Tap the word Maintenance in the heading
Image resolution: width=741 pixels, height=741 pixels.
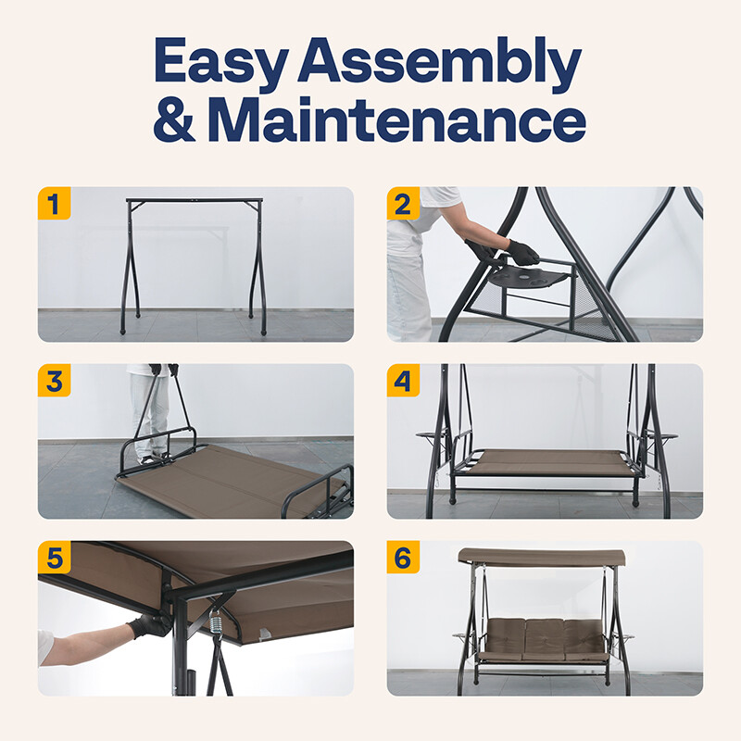coord(397,119)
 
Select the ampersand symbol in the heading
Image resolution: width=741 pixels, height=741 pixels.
coord(174,119)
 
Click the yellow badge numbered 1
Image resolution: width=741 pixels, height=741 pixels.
coord(54,203)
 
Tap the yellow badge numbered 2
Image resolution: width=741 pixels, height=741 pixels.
coord(403,203)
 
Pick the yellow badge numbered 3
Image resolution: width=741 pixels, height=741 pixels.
coord(54,381)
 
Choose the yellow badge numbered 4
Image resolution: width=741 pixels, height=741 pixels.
coord(403,381)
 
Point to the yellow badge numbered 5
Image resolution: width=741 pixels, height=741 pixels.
coord(54,558)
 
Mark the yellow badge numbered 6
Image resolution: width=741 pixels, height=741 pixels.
coord(403,558)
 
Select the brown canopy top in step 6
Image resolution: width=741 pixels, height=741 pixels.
coord(542,558)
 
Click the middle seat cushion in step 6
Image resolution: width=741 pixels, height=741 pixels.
coord(544,639)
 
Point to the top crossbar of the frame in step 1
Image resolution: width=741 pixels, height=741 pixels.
coord(195,200)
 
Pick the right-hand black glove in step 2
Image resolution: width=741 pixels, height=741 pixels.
coord(523,253)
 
